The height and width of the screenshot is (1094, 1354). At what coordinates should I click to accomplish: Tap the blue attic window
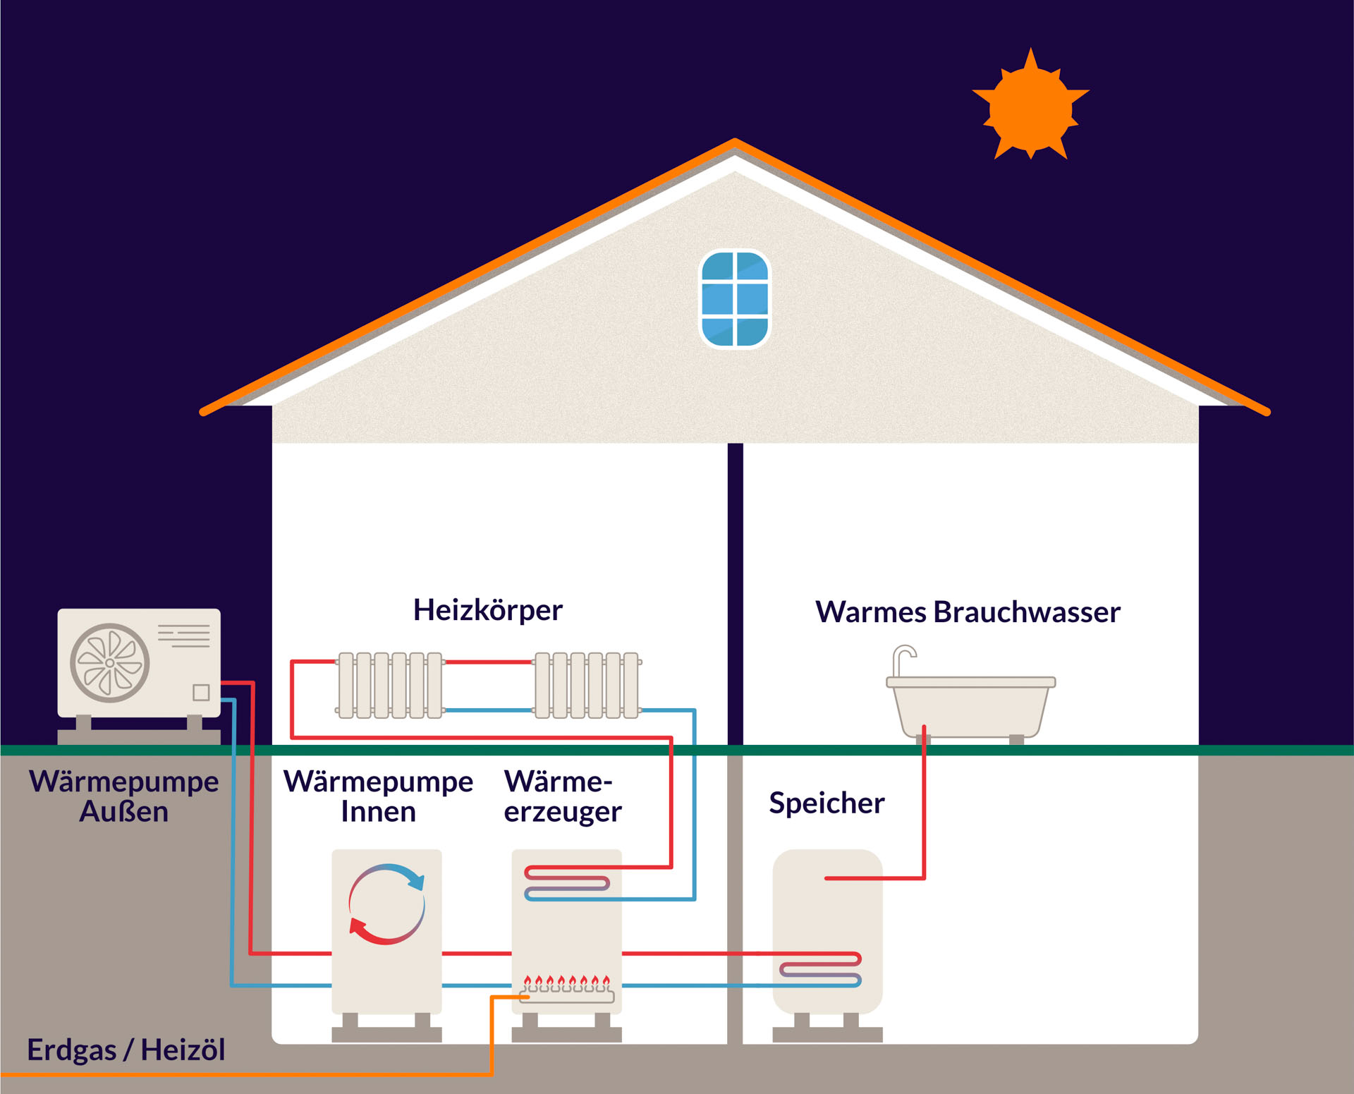tap(735, 299)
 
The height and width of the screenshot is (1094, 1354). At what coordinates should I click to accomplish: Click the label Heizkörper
tap(488, 610)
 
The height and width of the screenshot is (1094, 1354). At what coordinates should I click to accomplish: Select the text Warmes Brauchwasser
tap(968, 612)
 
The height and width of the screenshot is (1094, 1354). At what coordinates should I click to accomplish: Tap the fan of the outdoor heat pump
tap(110, 663)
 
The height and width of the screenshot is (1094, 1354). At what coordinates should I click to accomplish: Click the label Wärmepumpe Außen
tap(123, 796)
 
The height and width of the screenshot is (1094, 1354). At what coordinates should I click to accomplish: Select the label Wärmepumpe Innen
tap(378, 796)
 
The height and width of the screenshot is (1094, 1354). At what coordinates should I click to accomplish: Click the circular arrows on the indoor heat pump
tap(386, 904)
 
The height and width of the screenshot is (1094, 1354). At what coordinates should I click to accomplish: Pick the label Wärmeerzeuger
tap(562, 796)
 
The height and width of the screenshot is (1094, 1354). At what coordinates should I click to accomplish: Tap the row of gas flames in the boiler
tap(566, 981)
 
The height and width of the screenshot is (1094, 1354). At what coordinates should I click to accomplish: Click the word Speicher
tap(827, 803)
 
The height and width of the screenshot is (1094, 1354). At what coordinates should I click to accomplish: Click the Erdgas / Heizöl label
tap(126, 1050)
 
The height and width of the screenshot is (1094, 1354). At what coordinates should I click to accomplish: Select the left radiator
tap(390, 686)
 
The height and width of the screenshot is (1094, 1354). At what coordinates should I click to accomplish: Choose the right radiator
tap(587, 686)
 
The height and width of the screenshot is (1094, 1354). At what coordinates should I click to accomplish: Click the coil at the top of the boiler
tap(567, 883)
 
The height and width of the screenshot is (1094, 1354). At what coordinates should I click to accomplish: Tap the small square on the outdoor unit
tap(201, 693)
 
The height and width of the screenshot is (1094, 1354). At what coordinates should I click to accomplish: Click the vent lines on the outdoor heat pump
tap(183, 636)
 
